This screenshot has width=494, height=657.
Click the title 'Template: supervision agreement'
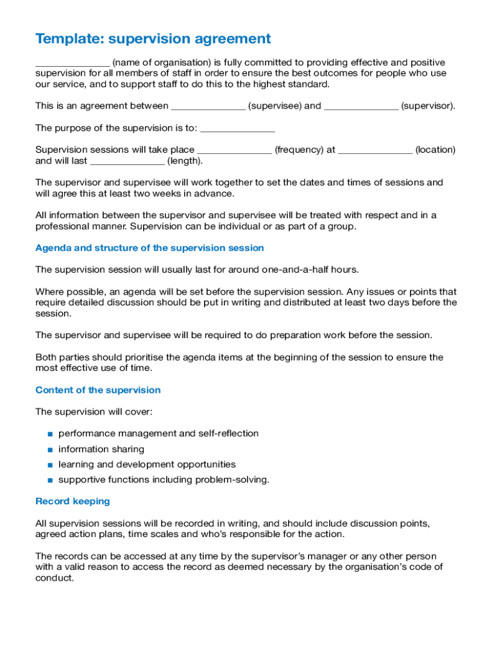153,39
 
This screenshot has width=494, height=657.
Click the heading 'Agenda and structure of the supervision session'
149,248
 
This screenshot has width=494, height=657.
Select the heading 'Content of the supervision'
98,390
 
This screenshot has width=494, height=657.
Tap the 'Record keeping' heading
72,501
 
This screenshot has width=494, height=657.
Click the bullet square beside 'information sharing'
49,450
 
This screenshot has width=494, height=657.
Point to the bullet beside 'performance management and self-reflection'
49,434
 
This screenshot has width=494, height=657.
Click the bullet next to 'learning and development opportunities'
49,465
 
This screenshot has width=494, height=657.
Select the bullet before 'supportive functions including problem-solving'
49,481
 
